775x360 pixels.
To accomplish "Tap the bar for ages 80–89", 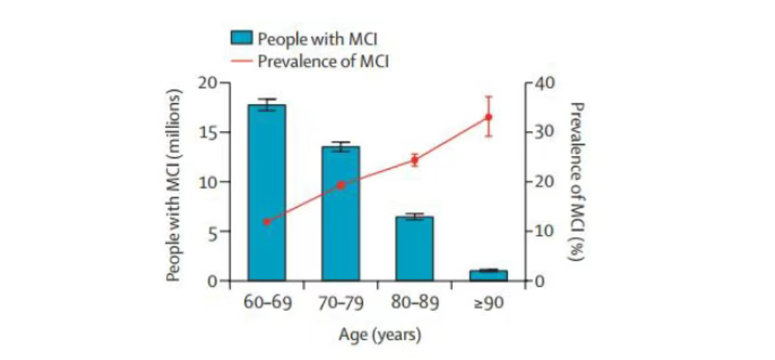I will click(414, 249).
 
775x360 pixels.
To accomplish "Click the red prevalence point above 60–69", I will click(267, 221).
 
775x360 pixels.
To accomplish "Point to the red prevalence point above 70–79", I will click(340, 185).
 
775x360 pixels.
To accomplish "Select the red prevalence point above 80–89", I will click(414, 160).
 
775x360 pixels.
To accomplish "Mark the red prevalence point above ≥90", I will click(488, 117).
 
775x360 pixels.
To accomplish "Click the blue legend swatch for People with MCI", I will click(241, 38).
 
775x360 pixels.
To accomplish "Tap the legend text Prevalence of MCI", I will click(323, 61).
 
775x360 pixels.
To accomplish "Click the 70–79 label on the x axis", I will click(340, 304).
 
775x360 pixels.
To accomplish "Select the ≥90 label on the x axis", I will click(488, 304).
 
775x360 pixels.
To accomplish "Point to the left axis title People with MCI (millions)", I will click(175, 185).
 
